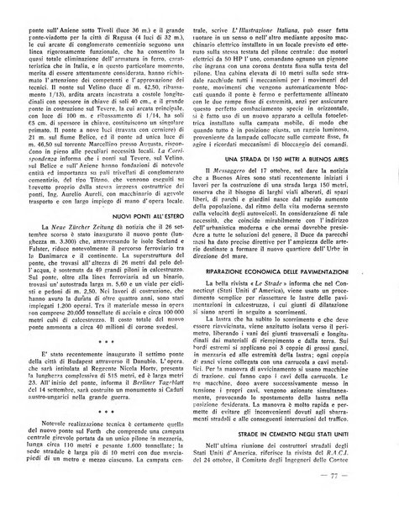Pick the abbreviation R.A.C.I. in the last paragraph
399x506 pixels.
(x=339, y=481)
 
